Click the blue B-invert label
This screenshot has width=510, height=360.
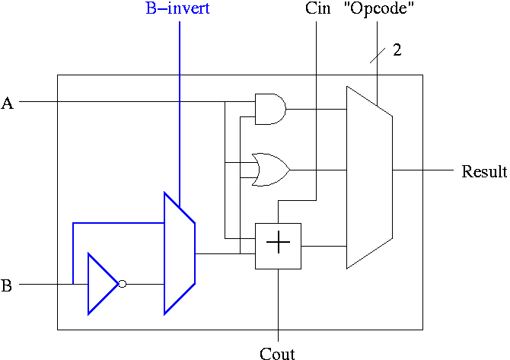pos(178,9)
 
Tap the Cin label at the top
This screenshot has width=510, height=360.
pos(317,9)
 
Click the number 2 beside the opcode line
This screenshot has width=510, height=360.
pos(397,51)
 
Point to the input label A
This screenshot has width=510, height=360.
pos(8,104)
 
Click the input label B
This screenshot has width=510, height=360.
pos(7,286)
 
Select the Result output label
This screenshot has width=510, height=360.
pos(484,171)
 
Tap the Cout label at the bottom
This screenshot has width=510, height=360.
pos(277,353)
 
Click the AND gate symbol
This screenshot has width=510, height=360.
pos(269,109)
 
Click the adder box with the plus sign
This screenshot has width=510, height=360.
pos(278,245)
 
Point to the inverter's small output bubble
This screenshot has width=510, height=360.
pos(122,283)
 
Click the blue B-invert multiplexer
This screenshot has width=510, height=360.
pos(180,253)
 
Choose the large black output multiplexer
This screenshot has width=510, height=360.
pos(369,177)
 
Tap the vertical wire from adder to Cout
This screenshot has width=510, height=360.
pos(278,304)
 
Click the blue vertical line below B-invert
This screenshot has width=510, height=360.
pos(179,114)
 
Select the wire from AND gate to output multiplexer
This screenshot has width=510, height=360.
pos(316,109)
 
